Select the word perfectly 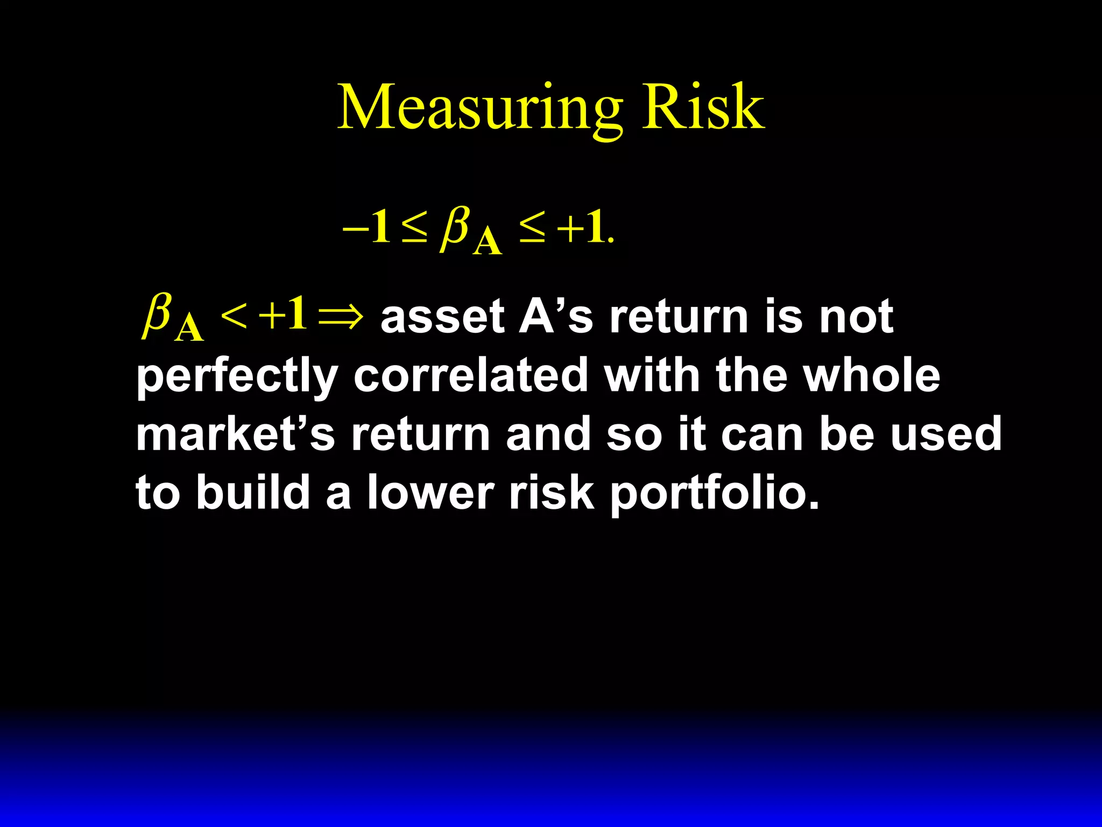tap(237, 377)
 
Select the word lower tap(430, 492)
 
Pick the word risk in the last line tap(552, 492)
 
